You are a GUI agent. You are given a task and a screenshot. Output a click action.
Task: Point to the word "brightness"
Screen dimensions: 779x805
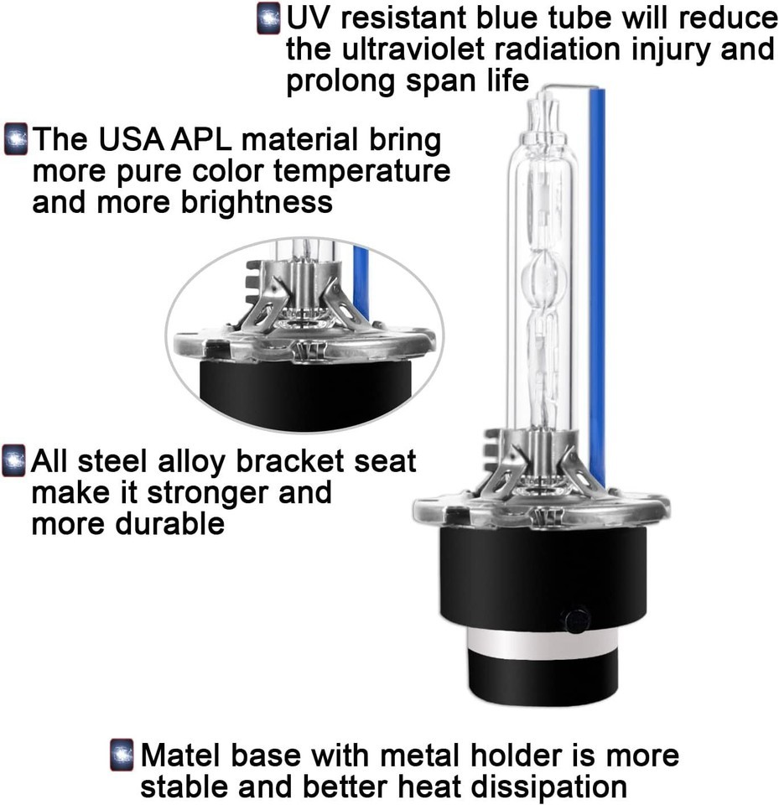[x=257, y=202]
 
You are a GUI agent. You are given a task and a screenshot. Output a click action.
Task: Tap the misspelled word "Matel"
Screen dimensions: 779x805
[x=181, y=756]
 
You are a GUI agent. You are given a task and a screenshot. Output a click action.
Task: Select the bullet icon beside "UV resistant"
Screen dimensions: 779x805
[x=268, y=18]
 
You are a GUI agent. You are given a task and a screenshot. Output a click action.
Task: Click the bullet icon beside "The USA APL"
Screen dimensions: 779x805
[x=16, y=138]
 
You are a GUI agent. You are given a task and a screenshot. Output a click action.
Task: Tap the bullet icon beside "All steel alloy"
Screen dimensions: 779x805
[x=13, y=460]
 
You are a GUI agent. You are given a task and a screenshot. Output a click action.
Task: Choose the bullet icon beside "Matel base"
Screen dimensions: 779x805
[x=122, y=755]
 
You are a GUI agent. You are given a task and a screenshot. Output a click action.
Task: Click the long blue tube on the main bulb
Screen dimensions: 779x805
[x=597, y=288]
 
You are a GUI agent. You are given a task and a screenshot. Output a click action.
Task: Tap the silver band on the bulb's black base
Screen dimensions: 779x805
[x=543, y=643]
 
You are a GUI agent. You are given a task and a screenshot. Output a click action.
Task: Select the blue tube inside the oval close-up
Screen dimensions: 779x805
[x=361, y=283]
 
